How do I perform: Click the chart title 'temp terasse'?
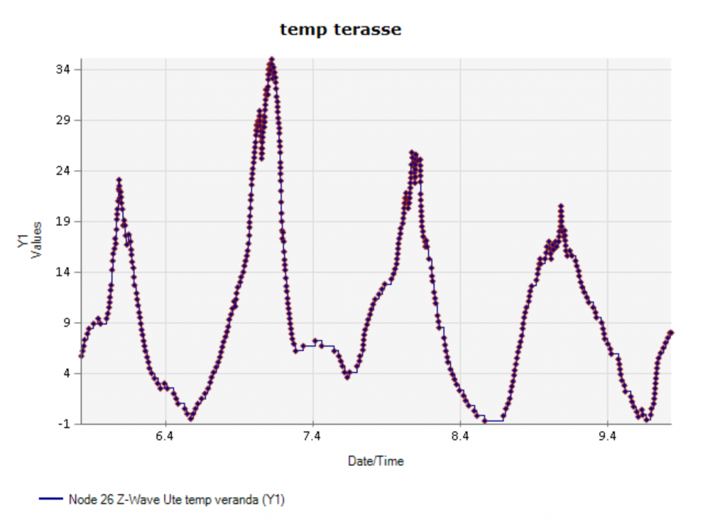tap(340, 30)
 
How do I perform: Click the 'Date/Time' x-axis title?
tap(376, 461)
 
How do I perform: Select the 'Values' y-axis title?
tap(36, 241)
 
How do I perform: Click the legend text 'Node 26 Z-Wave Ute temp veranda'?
tap(176, 499)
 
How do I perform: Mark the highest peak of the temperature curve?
tap(271, 60)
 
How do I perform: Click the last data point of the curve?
tap(671, 332)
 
